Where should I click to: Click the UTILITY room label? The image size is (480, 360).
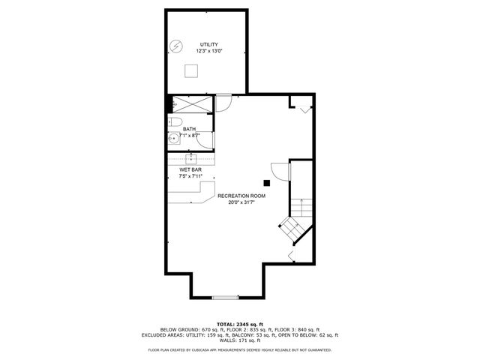[x=208, y=45]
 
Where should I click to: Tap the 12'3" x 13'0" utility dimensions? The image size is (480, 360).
[x=208, y=52]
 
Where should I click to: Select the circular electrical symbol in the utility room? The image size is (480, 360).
[x=176, y=46]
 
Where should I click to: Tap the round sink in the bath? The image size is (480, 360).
[x=172, y=137]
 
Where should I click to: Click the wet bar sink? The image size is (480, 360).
[x=191, y=158]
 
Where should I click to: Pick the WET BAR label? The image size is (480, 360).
[x=190, y=169]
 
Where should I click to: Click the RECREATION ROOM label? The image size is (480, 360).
[x=241, y=195]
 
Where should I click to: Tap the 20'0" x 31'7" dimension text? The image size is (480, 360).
[x=241, y=202]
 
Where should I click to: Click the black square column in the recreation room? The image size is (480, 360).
[x=267, y=181]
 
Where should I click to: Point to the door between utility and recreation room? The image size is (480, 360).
[x=223, y=102]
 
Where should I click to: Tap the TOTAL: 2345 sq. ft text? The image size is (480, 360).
[x=239, y=323]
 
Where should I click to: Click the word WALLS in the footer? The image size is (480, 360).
[x=223, y=341]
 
